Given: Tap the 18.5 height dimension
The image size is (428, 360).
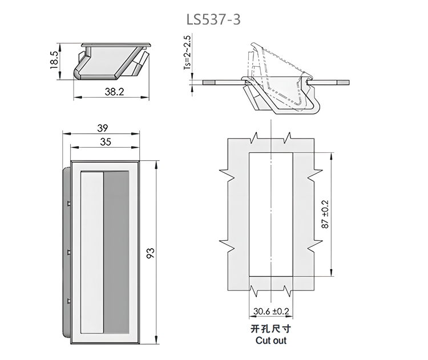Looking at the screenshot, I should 55,60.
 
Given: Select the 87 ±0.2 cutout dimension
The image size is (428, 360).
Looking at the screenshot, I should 326,214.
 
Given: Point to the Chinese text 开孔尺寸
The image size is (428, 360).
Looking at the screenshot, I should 271,329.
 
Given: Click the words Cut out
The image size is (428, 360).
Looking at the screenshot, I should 271,341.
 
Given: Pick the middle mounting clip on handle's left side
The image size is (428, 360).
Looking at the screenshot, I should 68,252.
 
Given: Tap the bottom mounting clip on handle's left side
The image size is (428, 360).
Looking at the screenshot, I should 68,300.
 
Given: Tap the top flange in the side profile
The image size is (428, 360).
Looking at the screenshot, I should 117,43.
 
